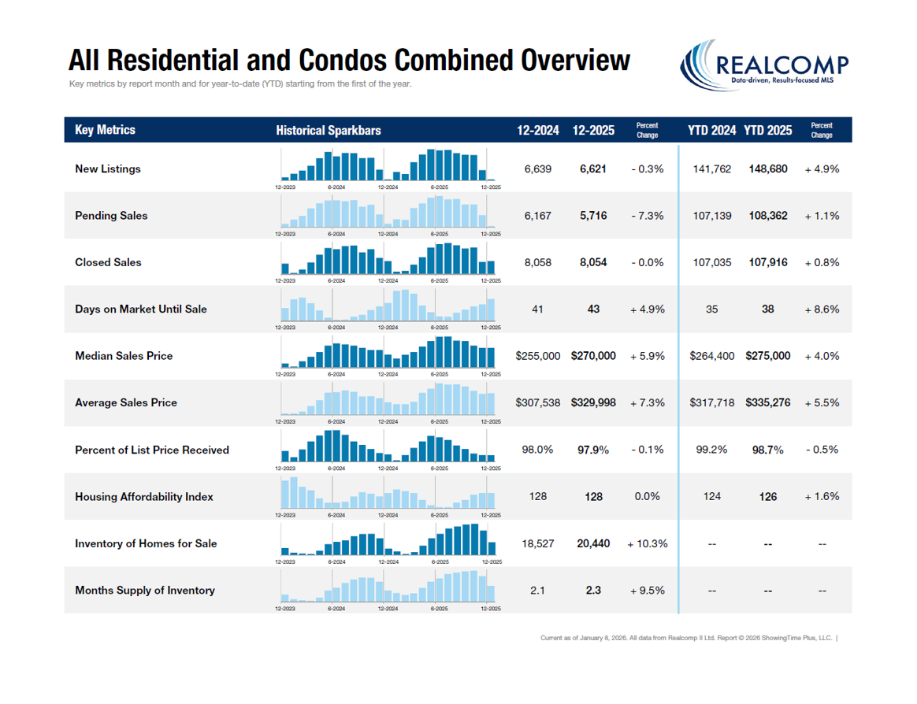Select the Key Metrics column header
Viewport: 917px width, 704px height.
pos(105,130)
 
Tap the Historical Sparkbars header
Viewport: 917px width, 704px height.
pos(328,131)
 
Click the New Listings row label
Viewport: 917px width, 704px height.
pos(108,169)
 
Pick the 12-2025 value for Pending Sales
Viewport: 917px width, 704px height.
pos(592,216)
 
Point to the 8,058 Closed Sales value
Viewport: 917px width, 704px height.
pos(537,262)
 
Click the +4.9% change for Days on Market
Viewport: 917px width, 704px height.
pos(647,309)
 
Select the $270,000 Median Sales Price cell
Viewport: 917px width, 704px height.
pos(593,356)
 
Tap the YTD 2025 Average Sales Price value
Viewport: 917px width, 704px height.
pos(767,402)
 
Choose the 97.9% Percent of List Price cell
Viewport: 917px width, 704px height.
pos(593,450)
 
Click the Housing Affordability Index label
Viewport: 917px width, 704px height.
pos(144,497)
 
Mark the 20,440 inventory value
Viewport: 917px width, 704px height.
pos(592,543)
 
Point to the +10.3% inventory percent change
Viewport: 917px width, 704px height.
pos(647,543)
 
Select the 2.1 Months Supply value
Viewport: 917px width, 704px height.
pos(537,591)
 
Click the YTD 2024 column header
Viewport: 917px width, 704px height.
pos(711,131)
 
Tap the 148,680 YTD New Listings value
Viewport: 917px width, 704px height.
pos(767,169)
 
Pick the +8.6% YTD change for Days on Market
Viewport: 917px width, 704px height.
pos(822,309)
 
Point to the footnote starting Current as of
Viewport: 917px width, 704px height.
pos(686,638)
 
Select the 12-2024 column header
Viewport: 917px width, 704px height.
pos(538,131)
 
